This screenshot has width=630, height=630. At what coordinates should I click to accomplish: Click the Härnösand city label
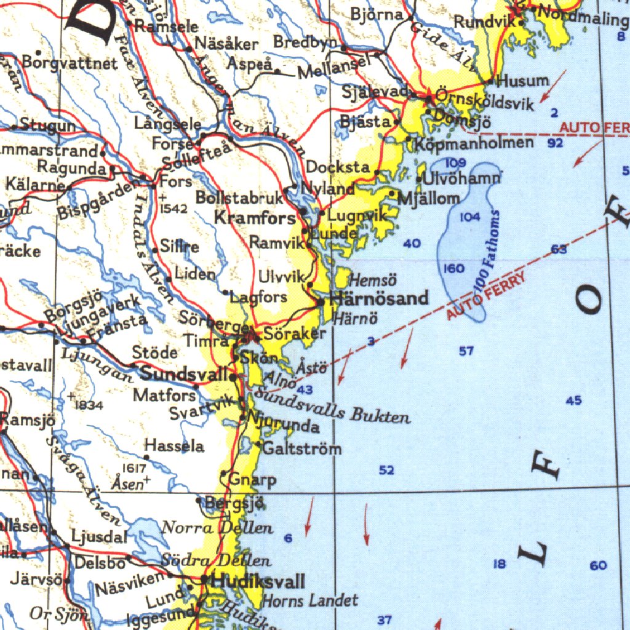click(379, 299)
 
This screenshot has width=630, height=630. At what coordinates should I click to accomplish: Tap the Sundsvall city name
click(185, 373)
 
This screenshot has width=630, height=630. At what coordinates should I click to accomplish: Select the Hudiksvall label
click(258, 581)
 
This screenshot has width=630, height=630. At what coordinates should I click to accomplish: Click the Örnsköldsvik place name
click(485, 100)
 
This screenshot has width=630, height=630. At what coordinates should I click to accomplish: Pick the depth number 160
click(453, 269)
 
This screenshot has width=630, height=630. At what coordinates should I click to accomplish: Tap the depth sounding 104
click(469, 217)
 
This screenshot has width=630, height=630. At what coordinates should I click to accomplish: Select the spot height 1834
click(89, 405)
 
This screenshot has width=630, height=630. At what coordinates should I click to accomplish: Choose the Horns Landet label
click(309, 600)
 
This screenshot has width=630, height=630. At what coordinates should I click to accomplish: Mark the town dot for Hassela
click(146, 457)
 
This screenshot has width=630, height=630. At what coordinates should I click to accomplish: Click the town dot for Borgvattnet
click(38, 53)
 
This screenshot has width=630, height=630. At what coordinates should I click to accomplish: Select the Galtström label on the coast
click(301, 448)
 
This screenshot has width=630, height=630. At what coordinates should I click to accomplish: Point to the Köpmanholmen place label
click(474, 143)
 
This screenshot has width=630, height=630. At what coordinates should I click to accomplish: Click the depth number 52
click(386, 470)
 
